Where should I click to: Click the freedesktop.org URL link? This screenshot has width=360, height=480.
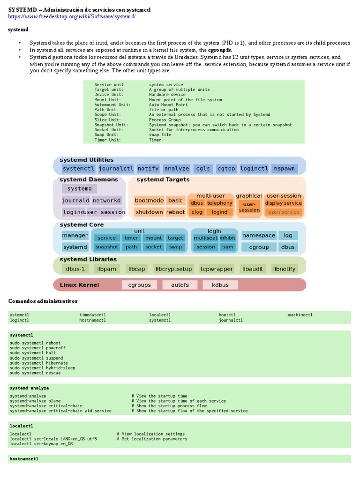coord(72,16)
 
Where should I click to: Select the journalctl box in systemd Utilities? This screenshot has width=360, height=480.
coord(116,168)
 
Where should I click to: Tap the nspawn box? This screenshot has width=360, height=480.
coord(285,168)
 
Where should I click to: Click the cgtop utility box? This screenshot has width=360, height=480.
coord(226,168)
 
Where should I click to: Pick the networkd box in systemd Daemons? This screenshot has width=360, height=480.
coord(106,200)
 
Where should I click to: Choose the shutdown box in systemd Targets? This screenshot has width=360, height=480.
coord(149,212)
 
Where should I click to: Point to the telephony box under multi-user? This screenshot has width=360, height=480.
coord(220,203)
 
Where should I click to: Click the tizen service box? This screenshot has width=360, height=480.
coord(284,212)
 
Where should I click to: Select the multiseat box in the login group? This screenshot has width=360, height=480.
coord(206,238)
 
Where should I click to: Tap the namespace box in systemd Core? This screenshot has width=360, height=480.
coord(259,235)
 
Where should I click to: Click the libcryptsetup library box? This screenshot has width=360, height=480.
coord(173,269)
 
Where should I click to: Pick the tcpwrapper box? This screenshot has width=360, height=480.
coord(217,269)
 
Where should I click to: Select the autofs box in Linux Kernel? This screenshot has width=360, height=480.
coord(180,285)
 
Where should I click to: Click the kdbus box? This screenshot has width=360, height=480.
coord(220,285)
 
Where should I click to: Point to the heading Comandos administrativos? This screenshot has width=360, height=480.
coord(43,300)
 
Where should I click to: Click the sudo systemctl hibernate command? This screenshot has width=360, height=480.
coord(39,363)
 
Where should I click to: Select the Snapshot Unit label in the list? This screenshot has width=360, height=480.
coord(111,125)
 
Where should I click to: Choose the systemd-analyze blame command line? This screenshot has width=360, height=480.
coord(35,401)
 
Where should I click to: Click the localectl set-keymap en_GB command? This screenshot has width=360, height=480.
coord(41,443)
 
